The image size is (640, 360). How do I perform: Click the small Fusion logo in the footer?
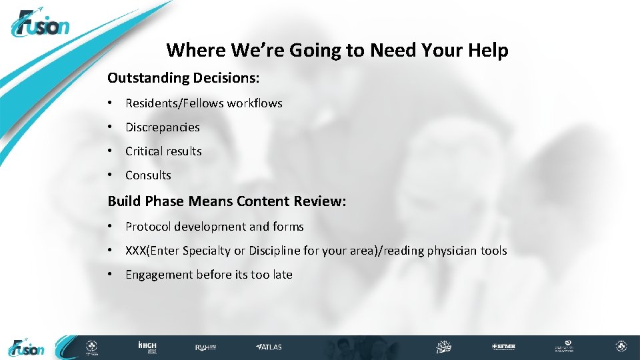click(x=27, y=347)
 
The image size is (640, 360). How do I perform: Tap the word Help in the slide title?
click(x=488, y=50)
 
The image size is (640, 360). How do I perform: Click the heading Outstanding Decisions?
click(x=183, y=78)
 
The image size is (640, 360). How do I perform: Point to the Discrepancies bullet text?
click(x=162, y=127)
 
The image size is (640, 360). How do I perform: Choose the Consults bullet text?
click(x=148, y=175)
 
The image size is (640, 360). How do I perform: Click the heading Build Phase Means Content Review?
click(x=227, y=201)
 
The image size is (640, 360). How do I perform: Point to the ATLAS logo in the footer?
click(x=269, y=347)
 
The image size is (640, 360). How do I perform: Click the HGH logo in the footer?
click(x=147, y=347)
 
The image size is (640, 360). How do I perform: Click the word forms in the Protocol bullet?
click(x=288, y=227)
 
